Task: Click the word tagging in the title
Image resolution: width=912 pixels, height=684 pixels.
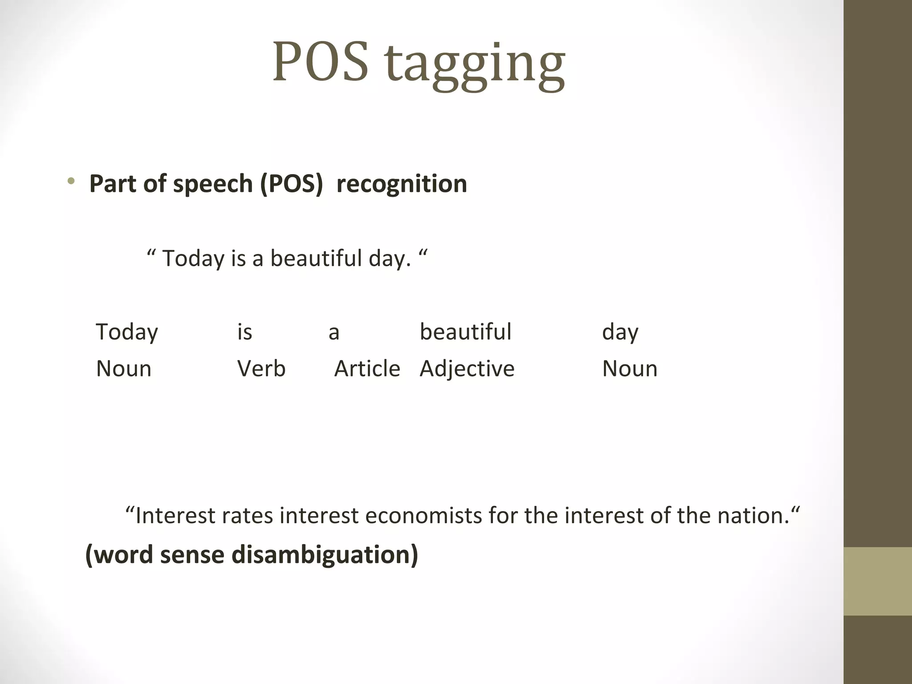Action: pyautogui.click(x=476, y=65)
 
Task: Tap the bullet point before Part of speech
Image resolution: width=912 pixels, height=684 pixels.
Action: pyautogui.click(x=71, y=181)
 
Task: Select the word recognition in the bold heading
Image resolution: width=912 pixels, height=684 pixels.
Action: pyautogui.click(x=402, y=183)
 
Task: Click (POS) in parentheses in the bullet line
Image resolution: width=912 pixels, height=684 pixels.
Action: pyautogui.click(x=291, y=183)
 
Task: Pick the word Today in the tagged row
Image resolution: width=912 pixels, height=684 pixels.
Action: pyautogui.click(x=127, y=332)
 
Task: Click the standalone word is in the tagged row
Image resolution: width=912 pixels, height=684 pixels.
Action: pyautogui.click(x=244, y=332)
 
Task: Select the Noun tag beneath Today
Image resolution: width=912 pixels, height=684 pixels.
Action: pyautogui.click(x=124, y=369)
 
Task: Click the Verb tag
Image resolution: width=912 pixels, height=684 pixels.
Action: pyautogui.click(x=261, y=369)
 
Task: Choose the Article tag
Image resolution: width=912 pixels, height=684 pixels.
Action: pyautogui.click(x=367, y=369)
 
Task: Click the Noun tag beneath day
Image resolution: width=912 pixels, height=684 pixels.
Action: pyautogui.click(x=630, y=369)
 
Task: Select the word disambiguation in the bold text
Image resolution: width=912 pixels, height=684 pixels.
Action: pyautogui.click(x=325, y=555)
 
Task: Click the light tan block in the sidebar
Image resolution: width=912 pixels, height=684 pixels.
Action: pyautogui.click(x=877, y=581)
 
